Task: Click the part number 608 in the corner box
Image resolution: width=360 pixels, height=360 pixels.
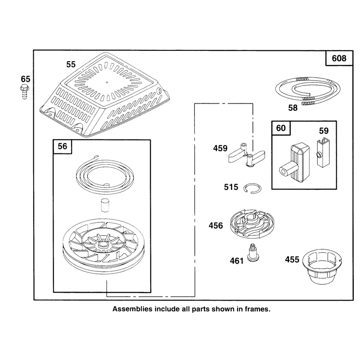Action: tap(339, 58)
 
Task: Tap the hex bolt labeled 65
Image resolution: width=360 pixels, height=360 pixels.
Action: tap(24, 91)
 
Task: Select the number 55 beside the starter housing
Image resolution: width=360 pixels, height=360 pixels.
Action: tap(71, 64)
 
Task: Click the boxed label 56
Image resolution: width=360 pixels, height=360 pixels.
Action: tap(63, 146)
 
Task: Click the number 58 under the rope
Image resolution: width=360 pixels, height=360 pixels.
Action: tap(293, 108)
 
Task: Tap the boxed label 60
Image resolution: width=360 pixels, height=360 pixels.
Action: tap(281, 128)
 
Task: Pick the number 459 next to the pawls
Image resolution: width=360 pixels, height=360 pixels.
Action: tap(220, 148)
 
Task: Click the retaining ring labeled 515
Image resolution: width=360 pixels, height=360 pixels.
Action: tap(252, 189)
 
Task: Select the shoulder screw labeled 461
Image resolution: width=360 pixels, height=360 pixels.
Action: tap(252, 252)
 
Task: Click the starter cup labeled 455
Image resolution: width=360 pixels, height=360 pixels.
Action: tap(322, 267)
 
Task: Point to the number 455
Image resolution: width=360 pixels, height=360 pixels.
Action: tap(292, 260)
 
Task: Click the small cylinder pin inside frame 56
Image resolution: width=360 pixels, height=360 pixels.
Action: tap(105, 205)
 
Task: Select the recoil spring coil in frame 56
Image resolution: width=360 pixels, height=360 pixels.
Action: tap(105, 175)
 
